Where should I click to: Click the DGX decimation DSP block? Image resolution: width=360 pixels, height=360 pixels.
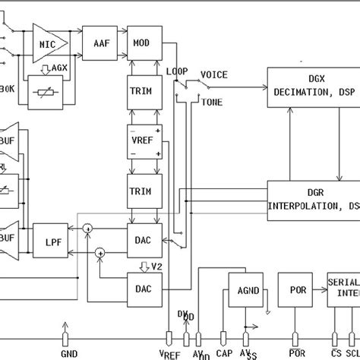tap(311, 88)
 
